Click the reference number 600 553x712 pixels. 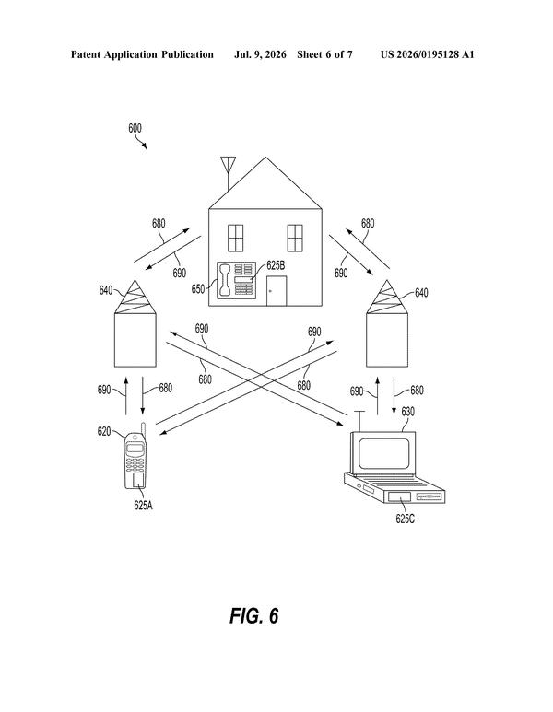coord(135,129)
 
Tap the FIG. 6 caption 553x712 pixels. coord(253,615)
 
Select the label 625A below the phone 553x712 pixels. coord(143,505)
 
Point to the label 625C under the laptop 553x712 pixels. coord(405,519)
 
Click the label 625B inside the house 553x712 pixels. coord(276,265)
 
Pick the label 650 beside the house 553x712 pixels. coord(197,289)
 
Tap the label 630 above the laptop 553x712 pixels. coord(407,412)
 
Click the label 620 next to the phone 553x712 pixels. coord(104,431)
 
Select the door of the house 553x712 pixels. coord(276,291)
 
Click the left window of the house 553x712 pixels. coord(235,238)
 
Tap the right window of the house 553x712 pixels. coord(295,238)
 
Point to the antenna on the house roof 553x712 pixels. coord(228,172)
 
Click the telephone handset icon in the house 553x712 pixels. coord(225,280)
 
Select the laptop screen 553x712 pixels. coord(384,453)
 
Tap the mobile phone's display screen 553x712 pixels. coord(135,449)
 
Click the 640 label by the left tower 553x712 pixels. coord(106,290)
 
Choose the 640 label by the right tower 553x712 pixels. coord(421,293)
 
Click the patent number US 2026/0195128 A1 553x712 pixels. coord(427,54)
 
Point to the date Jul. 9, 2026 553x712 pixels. coord(260,54)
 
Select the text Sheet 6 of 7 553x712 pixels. coord(324,54)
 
